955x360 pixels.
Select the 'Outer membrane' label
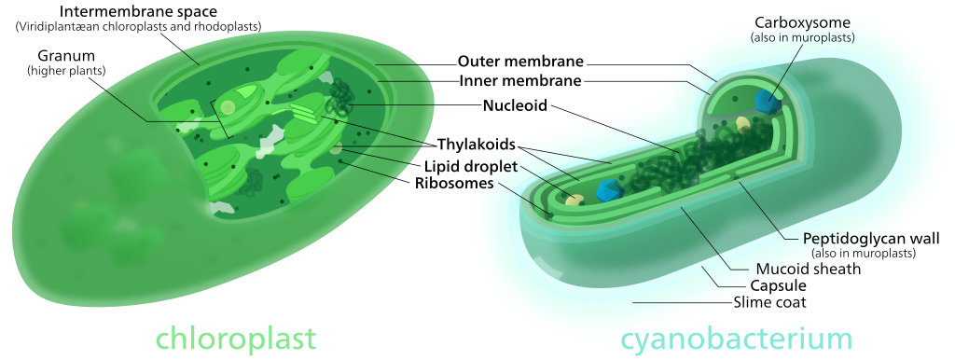tap(520, 62)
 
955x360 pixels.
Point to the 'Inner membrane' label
tap(520, 81)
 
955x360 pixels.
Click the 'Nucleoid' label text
tap(515, 104)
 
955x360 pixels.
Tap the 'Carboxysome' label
tap(802, 21)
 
